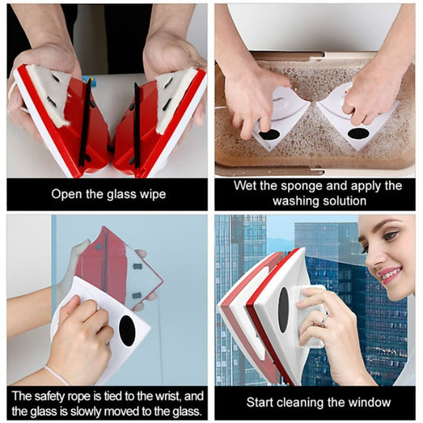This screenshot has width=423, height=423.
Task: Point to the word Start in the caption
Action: tap(260, 402)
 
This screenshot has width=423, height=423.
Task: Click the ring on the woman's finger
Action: tap(325, 320)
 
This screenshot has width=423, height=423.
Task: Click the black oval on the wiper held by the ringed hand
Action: tap(283, 309)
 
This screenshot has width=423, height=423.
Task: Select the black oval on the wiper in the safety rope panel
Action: tap(127, 331)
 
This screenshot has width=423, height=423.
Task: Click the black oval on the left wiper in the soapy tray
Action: tap(269, 134)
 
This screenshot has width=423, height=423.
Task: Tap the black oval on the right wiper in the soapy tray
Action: tap(358, 133)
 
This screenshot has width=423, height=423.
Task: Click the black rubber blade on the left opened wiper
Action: tap(85, 123)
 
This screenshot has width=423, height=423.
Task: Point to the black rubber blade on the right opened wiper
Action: tap(137, 126)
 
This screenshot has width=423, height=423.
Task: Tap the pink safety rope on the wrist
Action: tap(56, 374)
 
